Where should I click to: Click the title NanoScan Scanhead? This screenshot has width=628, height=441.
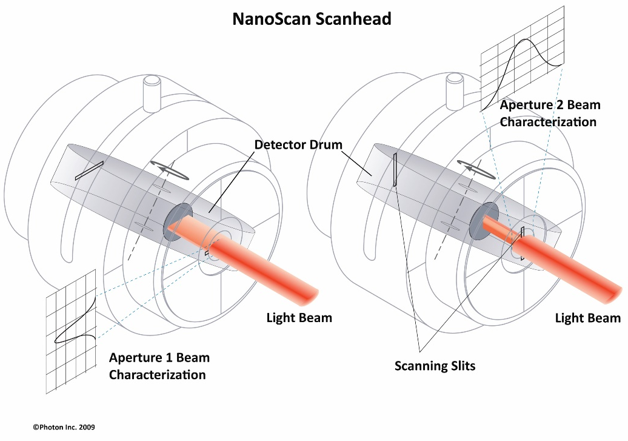coord(312,19)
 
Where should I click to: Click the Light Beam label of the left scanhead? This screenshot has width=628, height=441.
coord(299,318)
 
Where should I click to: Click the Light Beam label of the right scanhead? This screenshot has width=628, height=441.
coord(587,318)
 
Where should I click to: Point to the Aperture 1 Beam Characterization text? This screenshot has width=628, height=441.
coord(159,366)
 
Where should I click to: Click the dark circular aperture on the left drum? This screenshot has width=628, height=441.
coord(178,221)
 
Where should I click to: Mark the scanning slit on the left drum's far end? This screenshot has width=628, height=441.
coord(89,170)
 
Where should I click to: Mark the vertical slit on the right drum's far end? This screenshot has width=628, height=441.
coord(395,169)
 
